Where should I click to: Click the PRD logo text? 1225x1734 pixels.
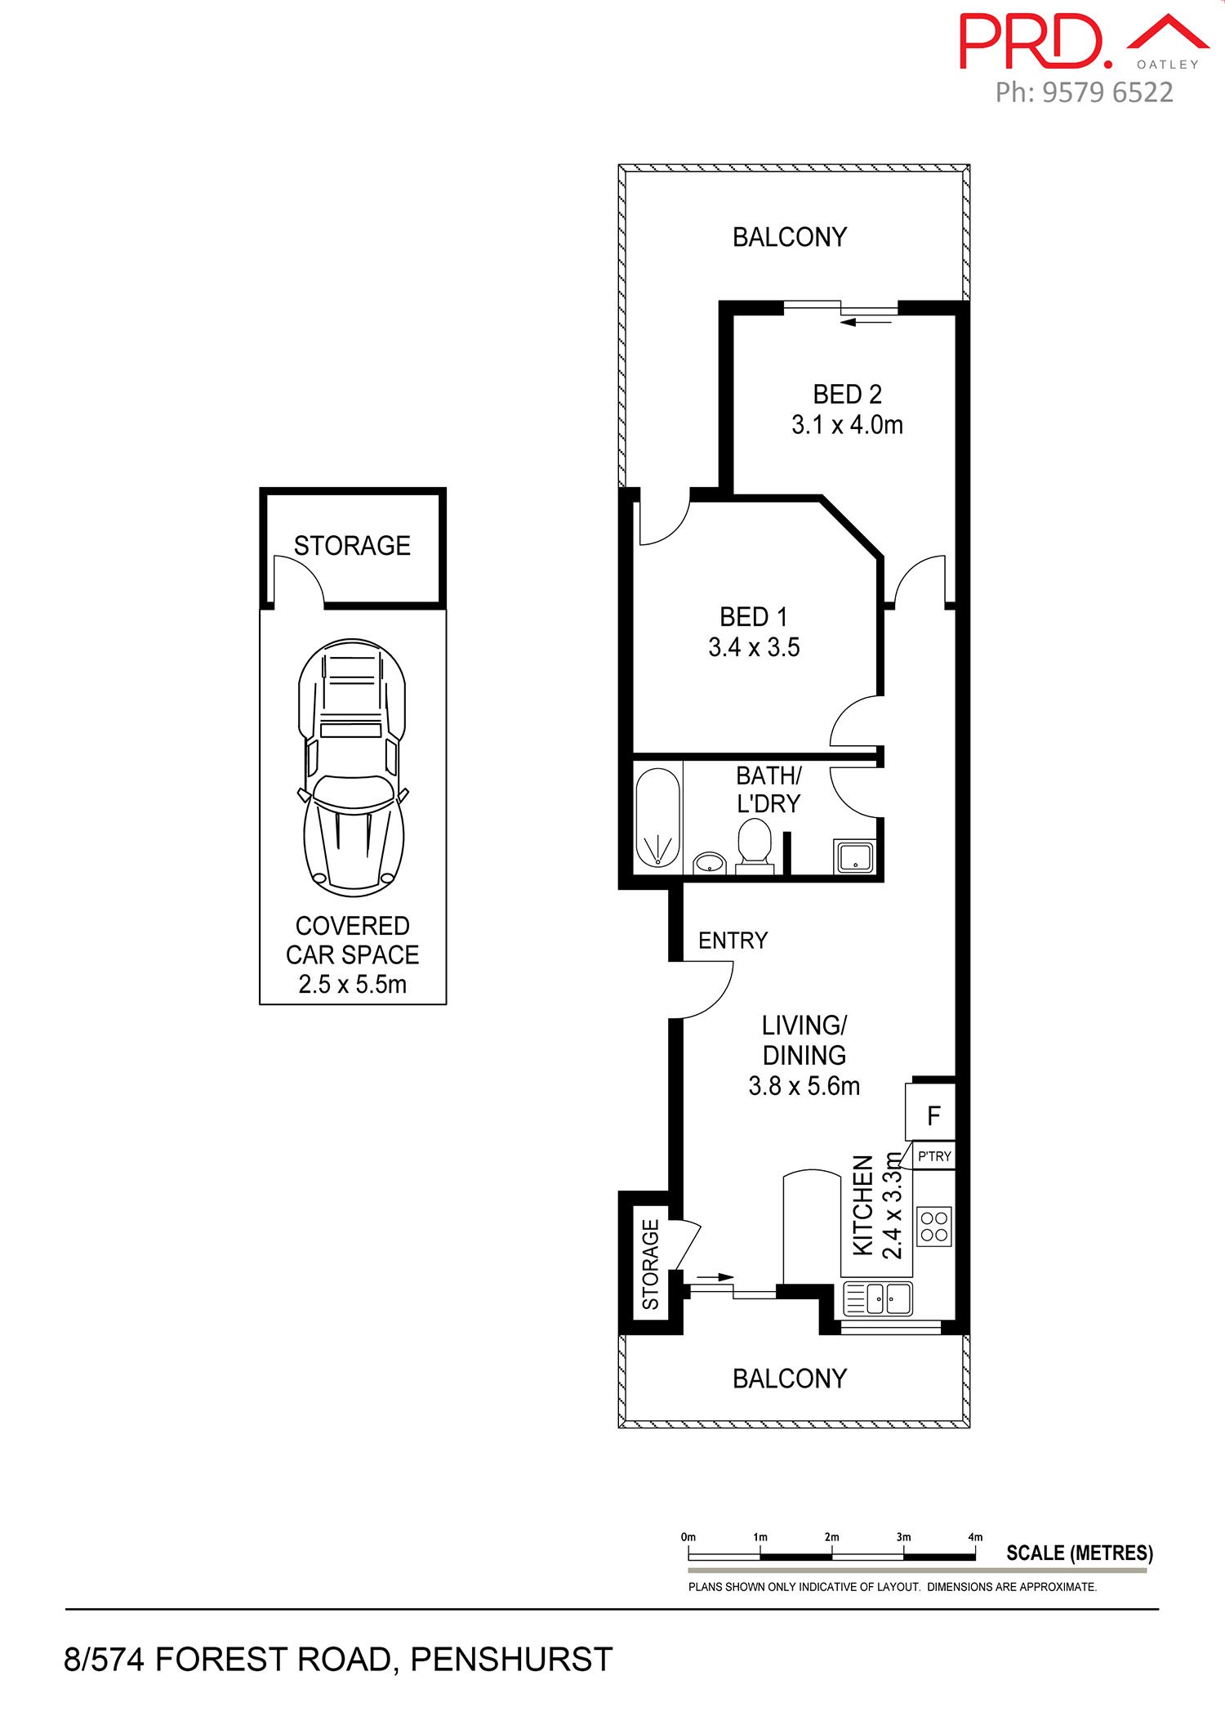[1036, 41]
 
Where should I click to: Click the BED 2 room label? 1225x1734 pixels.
[847, 394]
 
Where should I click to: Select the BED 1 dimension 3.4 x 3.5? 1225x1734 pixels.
[754, 647]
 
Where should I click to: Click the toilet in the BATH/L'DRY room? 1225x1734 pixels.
[755, 847]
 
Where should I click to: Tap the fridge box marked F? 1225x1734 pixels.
[930, 1111]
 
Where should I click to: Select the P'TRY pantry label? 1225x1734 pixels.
[934, 1156]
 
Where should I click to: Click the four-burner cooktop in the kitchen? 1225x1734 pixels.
[934, 1227]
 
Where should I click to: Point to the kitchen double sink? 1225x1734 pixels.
[878, 1298]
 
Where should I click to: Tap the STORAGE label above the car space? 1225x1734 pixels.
[352, 545]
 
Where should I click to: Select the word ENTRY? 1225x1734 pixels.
[733, 941]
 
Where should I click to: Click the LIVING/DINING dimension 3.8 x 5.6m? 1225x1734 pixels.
[804, 1086]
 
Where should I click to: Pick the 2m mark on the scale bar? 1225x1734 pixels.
[831, 1537]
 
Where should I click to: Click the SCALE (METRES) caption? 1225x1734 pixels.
[1080, 1553]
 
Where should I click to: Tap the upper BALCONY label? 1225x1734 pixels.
[789, 237]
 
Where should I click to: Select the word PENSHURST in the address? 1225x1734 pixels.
[511, 1660]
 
